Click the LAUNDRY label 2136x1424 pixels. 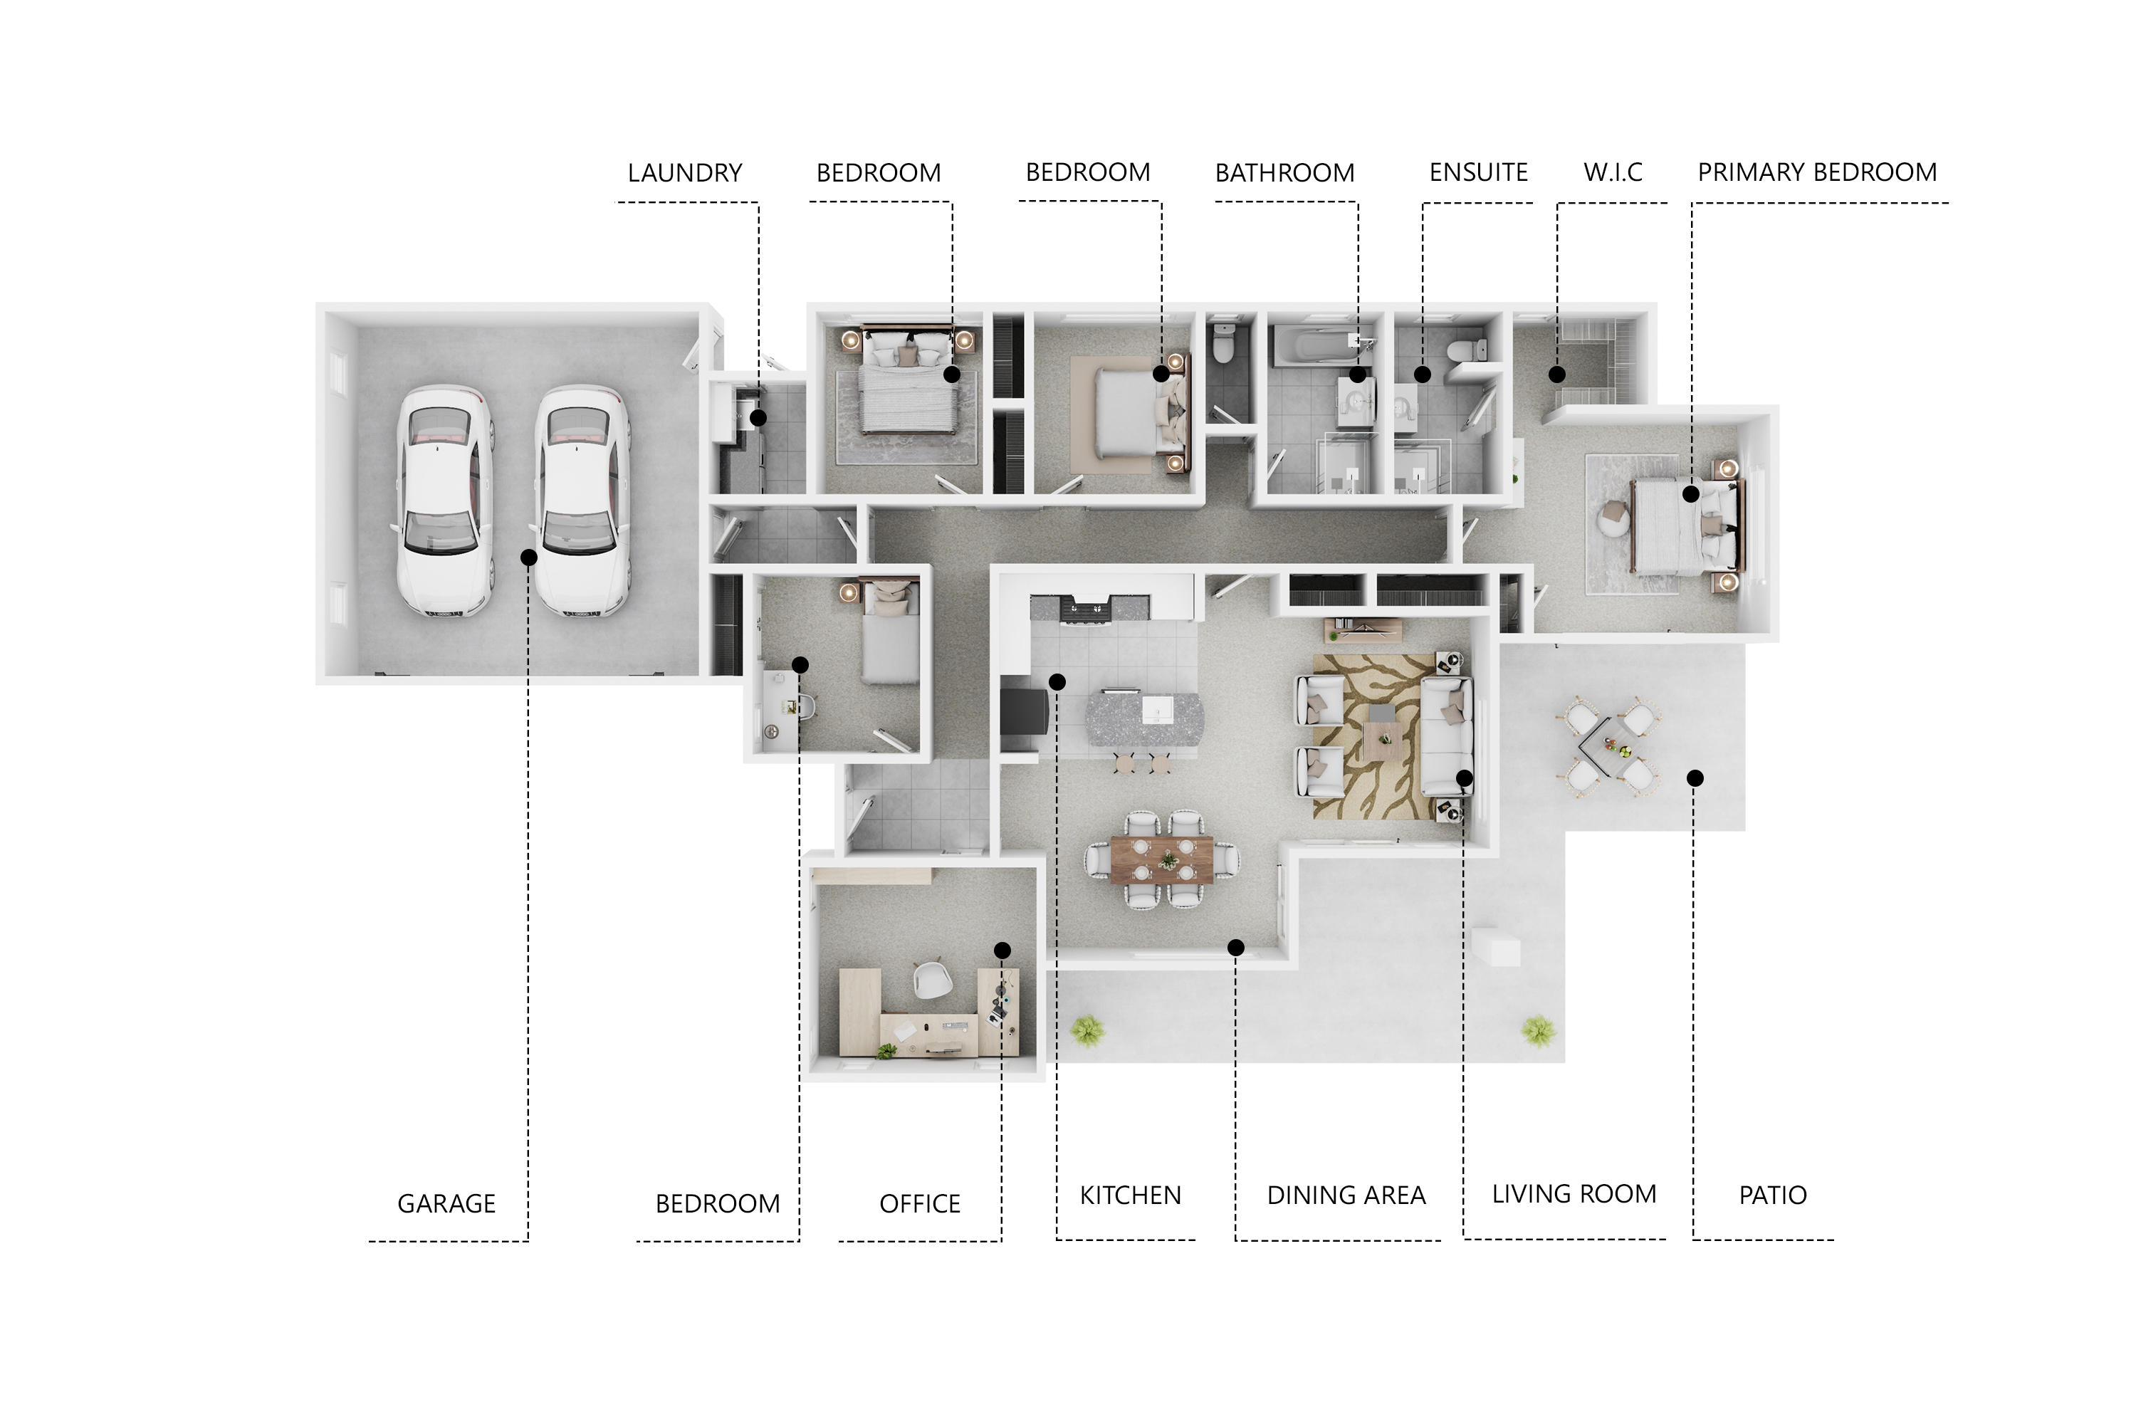685,172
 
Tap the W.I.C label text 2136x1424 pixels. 1613,172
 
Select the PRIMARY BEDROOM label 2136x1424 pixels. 1817,172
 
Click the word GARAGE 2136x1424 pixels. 447,1203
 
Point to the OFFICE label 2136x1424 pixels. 920,1203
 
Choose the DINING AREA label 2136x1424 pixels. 1346,1195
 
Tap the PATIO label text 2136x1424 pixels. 1773,1195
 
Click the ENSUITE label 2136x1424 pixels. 1479,172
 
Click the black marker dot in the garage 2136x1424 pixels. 528,557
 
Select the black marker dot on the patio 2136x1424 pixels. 1695,778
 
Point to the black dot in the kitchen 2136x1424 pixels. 1057,682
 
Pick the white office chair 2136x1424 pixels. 932,979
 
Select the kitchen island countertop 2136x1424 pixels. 1144,718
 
